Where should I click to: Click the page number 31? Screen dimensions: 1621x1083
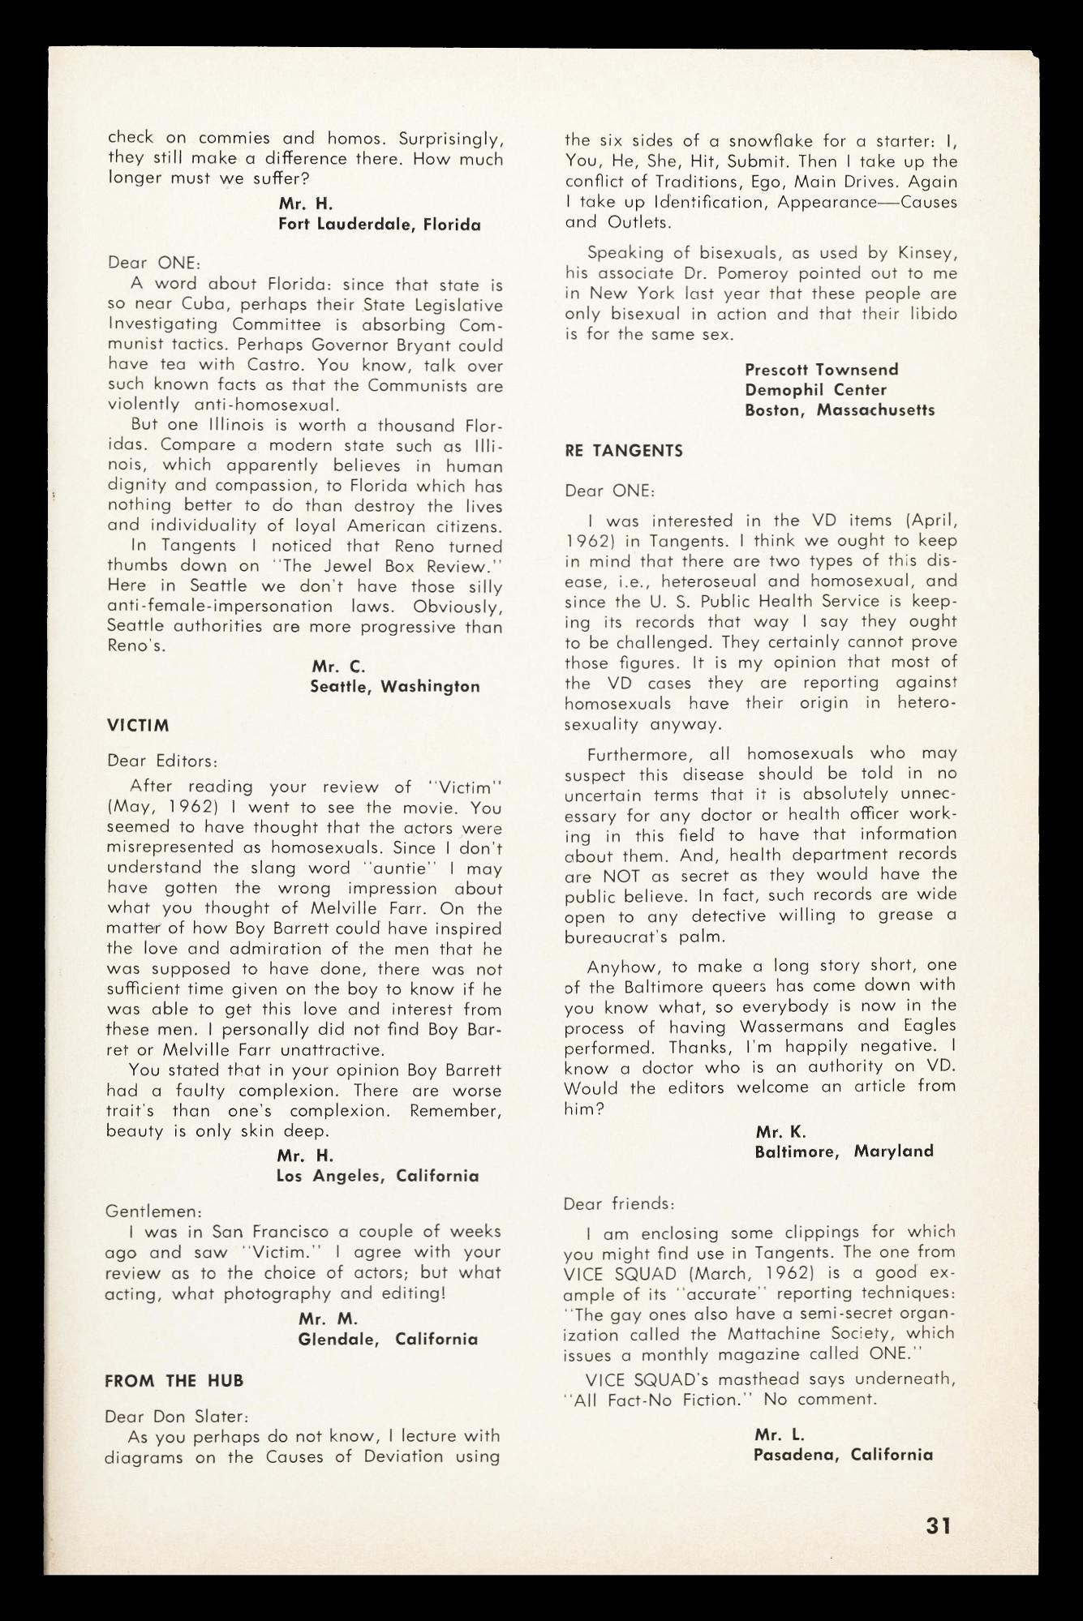(937, 1525)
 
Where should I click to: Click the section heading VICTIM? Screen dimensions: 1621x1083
(138, 725)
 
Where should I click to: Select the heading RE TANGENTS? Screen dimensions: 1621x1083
(623, 451)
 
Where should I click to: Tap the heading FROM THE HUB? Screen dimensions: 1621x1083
(174, 1380)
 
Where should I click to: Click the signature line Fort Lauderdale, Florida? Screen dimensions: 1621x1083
(379, 225)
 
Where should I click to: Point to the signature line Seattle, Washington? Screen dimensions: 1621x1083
(395, 686)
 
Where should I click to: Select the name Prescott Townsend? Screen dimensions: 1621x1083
(821, 370)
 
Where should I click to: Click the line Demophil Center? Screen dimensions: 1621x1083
(815, 390)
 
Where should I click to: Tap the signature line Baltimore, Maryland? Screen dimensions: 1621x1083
(844, 1151)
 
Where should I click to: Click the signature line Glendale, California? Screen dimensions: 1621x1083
(388, 1339)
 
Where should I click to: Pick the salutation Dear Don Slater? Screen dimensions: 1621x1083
(176, 1417)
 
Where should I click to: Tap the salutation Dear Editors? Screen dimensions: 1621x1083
(162, 761)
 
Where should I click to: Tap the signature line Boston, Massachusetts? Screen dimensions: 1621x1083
(840, 410)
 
